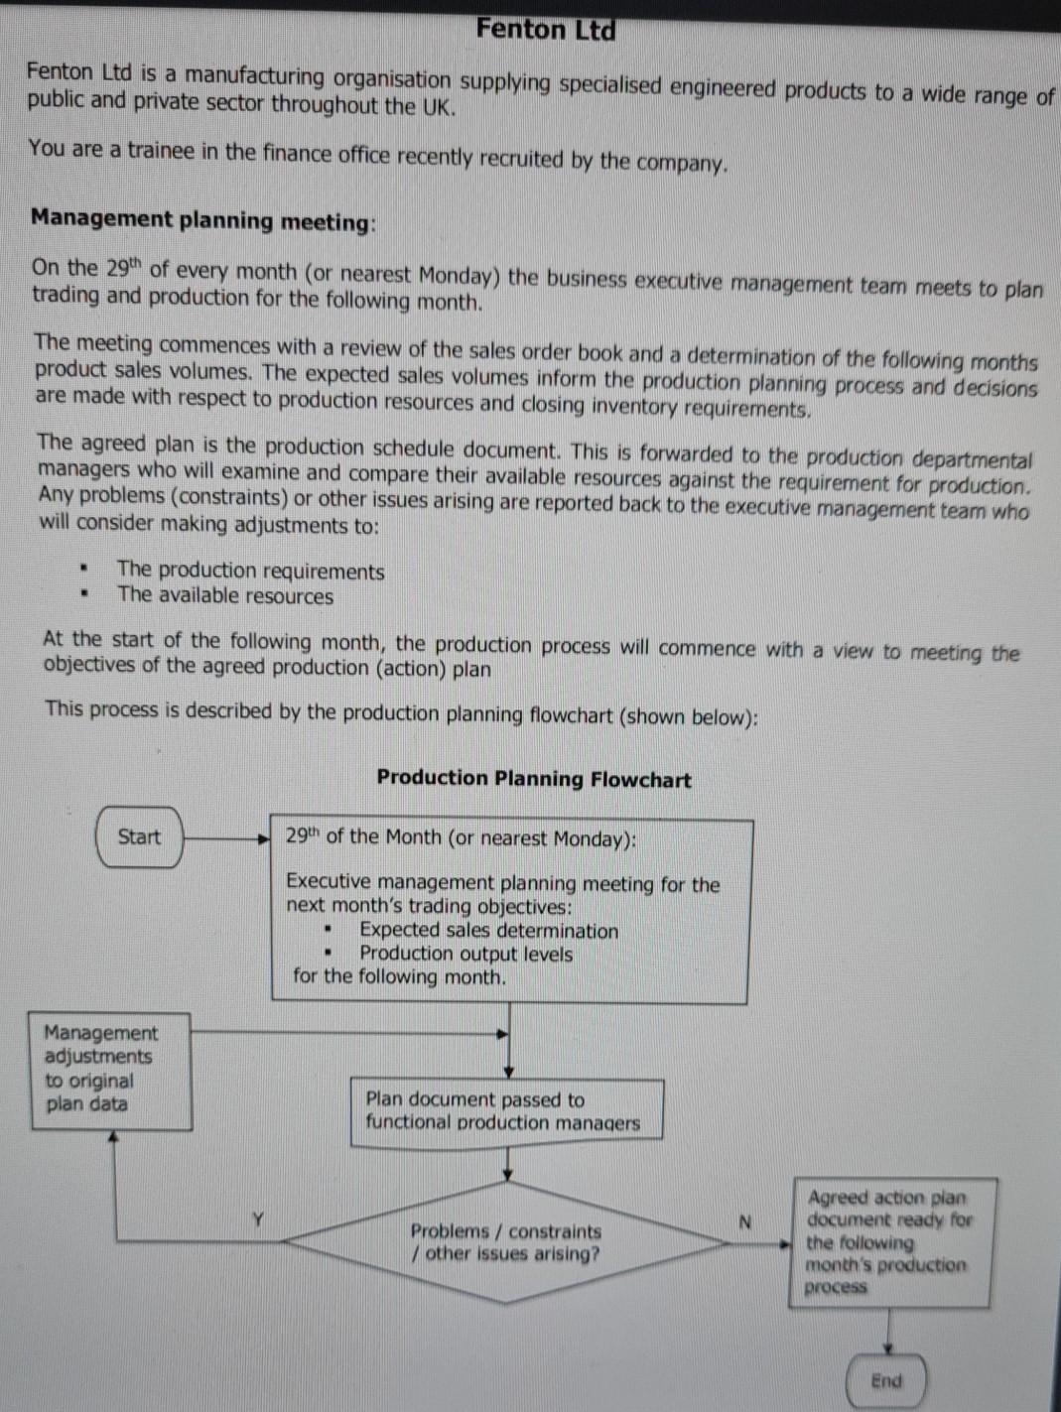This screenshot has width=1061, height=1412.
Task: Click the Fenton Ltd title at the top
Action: coord(545,30)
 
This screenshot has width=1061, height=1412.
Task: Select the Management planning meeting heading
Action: coord(202,220)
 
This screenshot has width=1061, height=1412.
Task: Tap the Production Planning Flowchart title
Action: coord(533,779)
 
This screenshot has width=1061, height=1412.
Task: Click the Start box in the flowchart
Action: coord(139,836)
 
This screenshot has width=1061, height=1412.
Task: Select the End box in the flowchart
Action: coord(886,1380)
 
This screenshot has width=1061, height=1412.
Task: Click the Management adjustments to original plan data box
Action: coord(109,1070)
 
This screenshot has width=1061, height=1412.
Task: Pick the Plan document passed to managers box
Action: coord(506,1111)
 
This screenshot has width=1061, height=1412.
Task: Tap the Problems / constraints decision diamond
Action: coord(506,1241)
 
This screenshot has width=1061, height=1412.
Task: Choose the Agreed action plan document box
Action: coord(889,1241)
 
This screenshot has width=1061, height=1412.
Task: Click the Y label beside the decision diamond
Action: coord(258,1219)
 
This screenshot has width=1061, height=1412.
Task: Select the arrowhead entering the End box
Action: coord(889,1348)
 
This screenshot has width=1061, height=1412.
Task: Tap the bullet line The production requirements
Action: coord(250,571)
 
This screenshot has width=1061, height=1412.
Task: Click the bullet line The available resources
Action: coord(224,596)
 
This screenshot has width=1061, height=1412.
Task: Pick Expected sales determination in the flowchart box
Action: coord(488,931)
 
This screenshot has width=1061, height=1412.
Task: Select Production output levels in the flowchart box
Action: coord(465,955)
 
